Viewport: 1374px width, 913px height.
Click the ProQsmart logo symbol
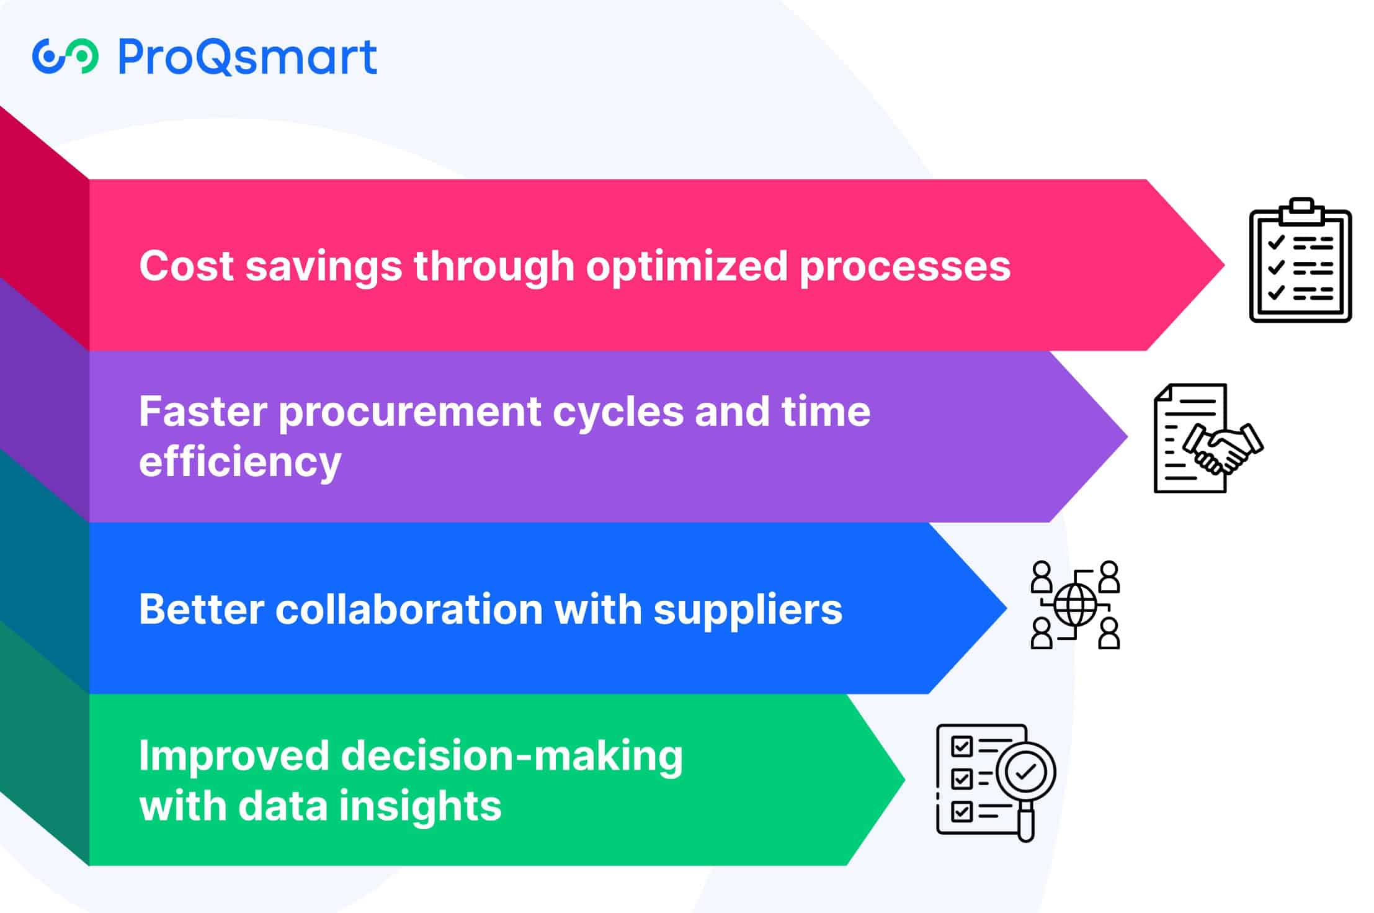point(65,56)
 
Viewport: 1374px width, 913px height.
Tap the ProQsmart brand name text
point(248,57)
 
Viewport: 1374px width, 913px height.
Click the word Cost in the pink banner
point(187,266)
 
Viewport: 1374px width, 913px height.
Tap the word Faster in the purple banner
point(203,412)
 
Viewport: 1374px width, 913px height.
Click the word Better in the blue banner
point(202,609)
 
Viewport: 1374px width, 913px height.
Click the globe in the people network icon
point(1075,605)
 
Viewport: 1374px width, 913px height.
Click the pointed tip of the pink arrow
point(1225,265)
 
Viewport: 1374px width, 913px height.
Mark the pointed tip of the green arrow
point(905,780)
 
